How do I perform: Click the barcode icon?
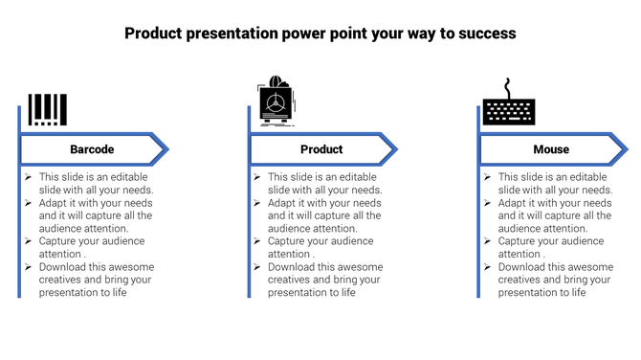click(47, 109)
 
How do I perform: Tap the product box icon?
click(276, 101)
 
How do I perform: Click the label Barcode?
click(92, 149)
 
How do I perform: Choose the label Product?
click(321, 149)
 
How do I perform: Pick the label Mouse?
click(551, 149)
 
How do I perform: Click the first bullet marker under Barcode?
click(29, 177)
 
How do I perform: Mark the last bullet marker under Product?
click(257, 267)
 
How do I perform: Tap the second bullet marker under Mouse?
click(487, 203)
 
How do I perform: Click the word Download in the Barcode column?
click(63, 267)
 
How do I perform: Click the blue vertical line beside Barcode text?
click(19, 230)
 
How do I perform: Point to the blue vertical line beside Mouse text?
click(478, 230)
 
